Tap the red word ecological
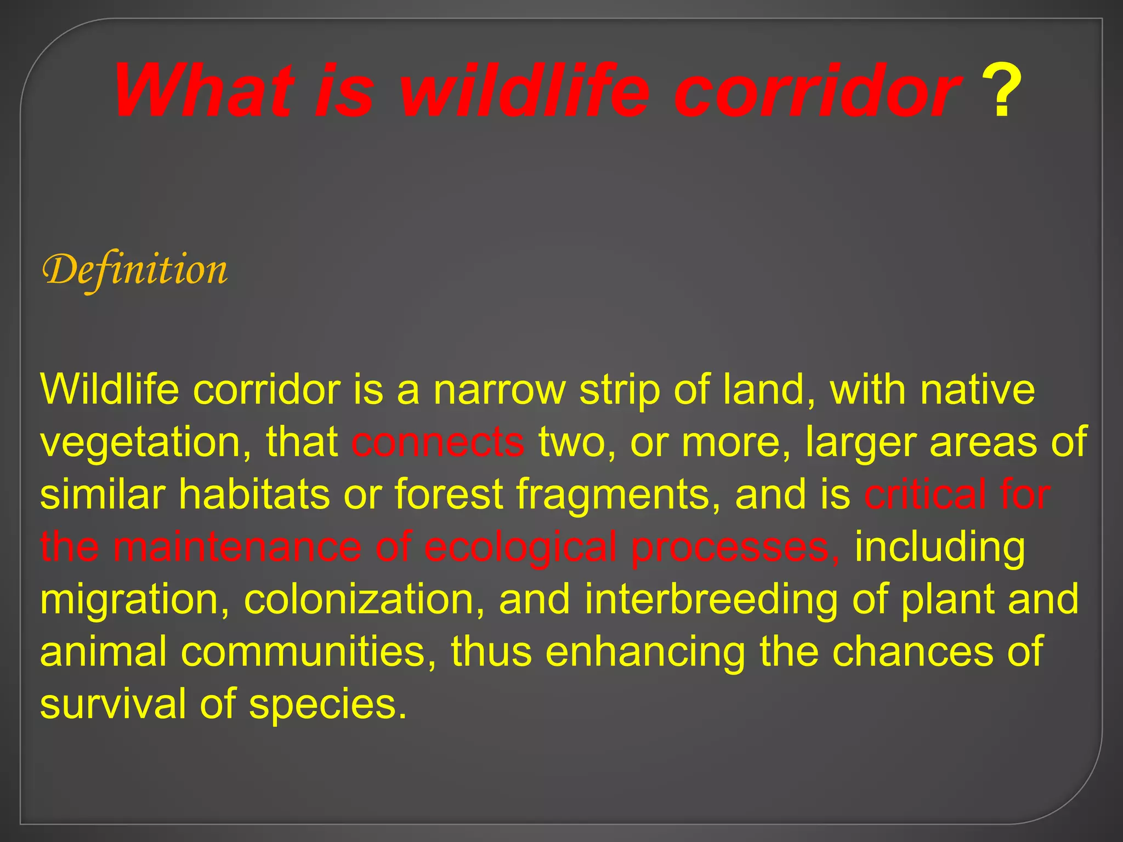click(x=520, y=548)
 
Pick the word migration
click(x=134, y=600)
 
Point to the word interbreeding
click(x=711, y=599)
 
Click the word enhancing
click(x=645, y=652)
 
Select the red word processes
click(x=735, y=548)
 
